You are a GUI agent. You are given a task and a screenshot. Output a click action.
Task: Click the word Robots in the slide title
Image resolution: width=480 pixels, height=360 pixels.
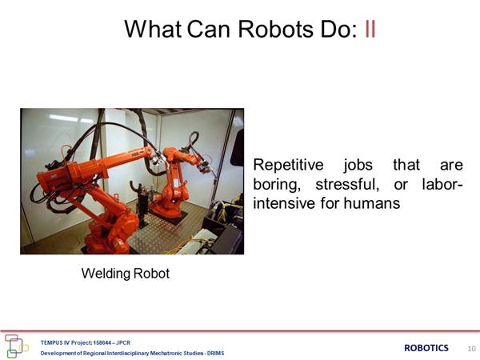[275, 29]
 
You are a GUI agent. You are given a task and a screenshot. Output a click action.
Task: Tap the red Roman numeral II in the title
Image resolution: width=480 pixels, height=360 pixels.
[370, 29]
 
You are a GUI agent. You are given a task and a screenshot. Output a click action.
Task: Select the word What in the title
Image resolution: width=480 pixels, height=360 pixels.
[153, 29]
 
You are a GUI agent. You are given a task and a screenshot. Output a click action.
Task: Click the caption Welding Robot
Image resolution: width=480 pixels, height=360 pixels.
[126, 274]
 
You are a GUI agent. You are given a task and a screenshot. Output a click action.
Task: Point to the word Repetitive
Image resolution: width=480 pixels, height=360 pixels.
[288, 165]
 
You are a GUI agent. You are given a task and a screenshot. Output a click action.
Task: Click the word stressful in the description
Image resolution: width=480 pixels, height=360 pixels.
[347, 184]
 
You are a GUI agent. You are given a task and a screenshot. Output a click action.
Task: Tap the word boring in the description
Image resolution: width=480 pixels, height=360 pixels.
[277, 185]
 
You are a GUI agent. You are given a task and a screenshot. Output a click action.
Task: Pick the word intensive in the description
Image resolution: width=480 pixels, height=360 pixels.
[284, 203]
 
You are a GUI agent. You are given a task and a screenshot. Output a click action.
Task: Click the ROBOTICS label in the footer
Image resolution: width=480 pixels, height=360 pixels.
[426, 348]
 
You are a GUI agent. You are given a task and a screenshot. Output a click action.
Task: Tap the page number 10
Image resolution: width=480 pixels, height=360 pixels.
[471, 348]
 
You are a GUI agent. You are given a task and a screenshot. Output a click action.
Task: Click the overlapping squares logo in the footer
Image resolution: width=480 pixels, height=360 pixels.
[16, 346]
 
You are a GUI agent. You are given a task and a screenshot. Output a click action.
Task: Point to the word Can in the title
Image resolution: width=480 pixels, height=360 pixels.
[208, 29]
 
